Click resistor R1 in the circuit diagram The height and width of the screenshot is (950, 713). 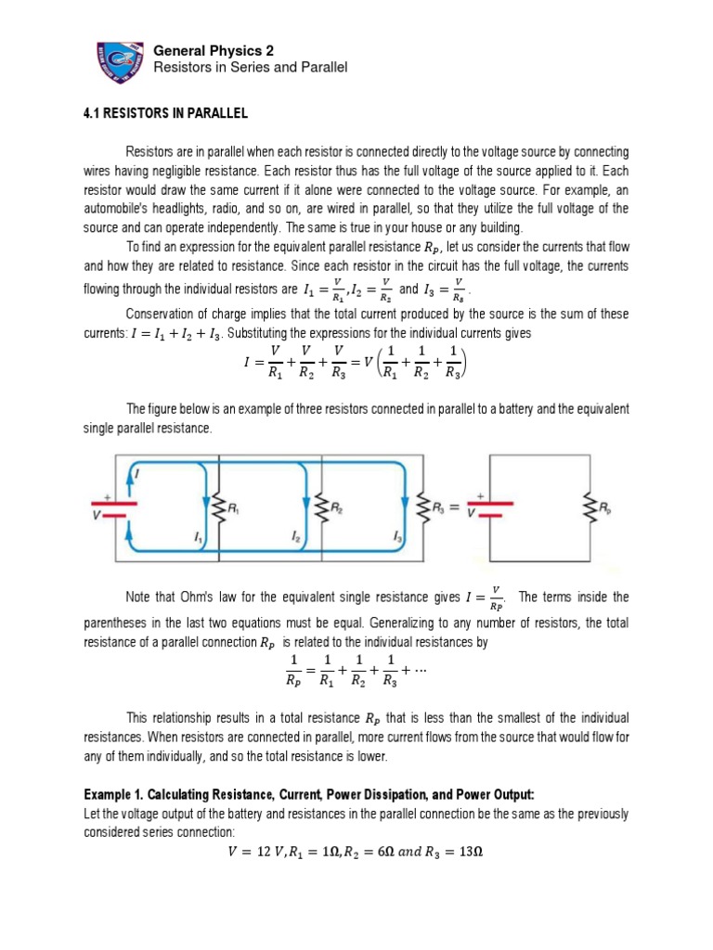[222, 508]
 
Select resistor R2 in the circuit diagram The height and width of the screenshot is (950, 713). [324, 508]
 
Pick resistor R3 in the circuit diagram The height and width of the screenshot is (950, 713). [426, 508]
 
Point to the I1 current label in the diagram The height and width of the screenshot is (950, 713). [199, 537]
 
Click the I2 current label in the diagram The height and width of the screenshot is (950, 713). [295, 537]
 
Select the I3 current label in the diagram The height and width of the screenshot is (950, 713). [397, 537]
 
